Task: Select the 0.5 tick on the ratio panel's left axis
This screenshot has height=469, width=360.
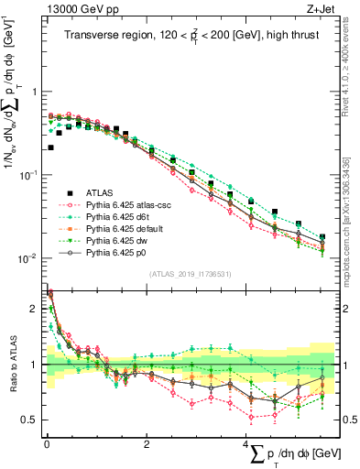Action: pyautogui.click(x=32, y=420)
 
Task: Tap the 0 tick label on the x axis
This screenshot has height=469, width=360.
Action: pyautogui.click(x=47, y=444)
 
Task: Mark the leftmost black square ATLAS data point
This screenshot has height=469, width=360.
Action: pyautogui.click(x=50, y=147)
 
